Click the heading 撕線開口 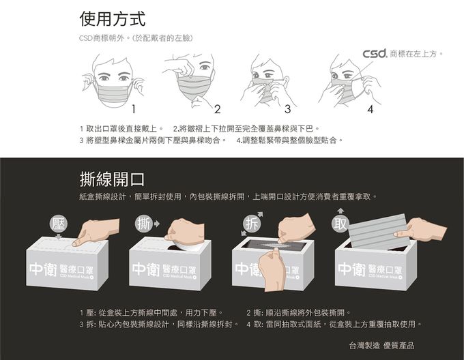[112, 179]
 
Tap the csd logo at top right [375, 52]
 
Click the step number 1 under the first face [135, 108]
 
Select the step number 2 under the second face [217, 108]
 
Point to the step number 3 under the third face [288, 108]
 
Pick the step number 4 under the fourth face [370, 108]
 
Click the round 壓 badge [59, 224]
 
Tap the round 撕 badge [144, 223]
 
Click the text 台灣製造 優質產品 [381, 345]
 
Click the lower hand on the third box [274, 269]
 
